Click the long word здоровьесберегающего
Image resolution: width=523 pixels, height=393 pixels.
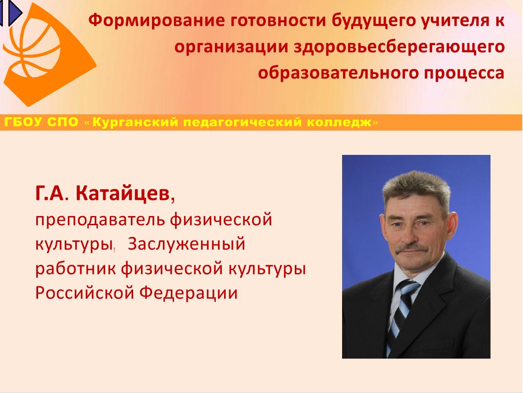coord(399,47)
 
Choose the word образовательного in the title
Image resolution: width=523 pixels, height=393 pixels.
coord(338,73)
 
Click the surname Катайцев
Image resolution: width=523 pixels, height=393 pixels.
coord(123,193)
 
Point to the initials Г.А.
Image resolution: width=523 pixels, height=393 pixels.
coord(51,194)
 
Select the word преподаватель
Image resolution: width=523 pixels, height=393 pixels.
coord(101,220)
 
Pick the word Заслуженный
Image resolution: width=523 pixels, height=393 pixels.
coord(186,244)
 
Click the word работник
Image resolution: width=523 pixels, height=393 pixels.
coord(76,268)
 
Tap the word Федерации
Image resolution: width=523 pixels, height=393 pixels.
coord(188,293)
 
